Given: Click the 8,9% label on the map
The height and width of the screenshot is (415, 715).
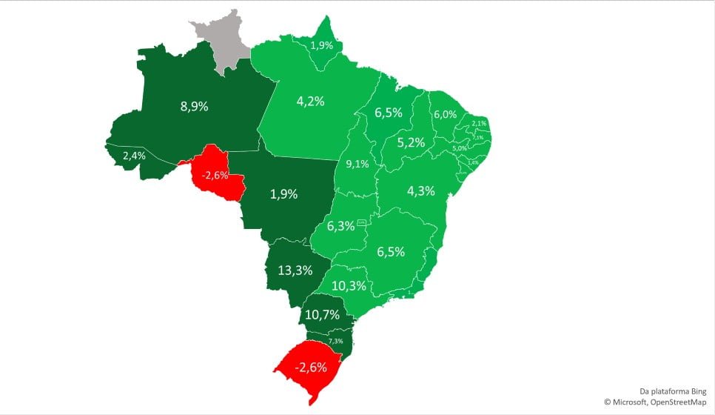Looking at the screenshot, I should [194, 106].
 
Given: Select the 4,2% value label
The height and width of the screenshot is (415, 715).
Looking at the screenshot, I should [310, 102].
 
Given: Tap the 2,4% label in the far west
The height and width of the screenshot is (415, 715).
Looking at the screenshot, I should [134, 156].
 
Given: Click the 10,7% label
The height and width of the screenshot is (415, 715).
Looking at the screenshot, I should [322, 314].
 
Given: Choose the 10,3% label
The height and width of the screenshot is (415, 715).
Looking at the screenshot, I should [349, 286].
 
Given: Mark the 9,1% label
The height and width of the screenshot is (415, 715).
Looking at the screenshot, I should [357, 164].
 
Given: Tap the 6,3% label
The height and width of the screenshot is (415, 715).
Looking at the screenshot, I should [340, 226].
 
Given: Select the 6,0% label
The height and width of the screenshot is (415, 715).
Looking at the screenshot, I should [445, 115].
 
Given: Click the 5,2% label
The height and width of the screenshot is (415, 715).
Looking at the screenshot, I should [411, 143].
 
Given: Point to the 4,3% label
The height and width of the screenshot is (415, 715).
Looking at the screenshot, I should [420, 190].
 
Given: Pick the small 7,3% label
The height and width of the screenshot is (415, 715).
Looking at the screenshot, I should [336, 341].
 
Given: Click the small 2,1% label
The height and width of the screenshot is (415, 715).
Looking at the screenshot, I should [479, 123].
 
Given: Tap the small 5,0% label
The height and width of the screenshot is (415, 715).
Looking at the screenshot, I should [460, 149].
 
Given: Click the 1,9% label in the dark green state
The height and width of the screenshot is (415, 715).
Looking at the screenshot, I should [283, 194].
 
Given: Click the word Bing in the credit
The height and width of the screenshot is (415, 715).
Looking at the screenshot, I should [697, 391].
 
